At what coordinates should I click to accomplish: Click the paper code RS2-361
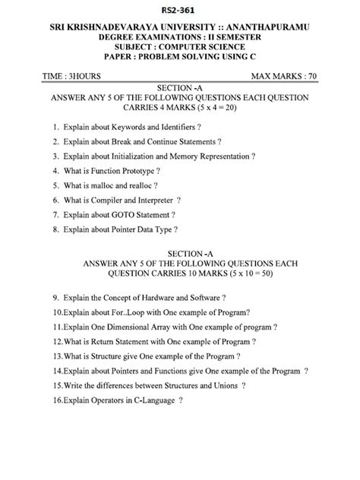click(180, 10)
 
